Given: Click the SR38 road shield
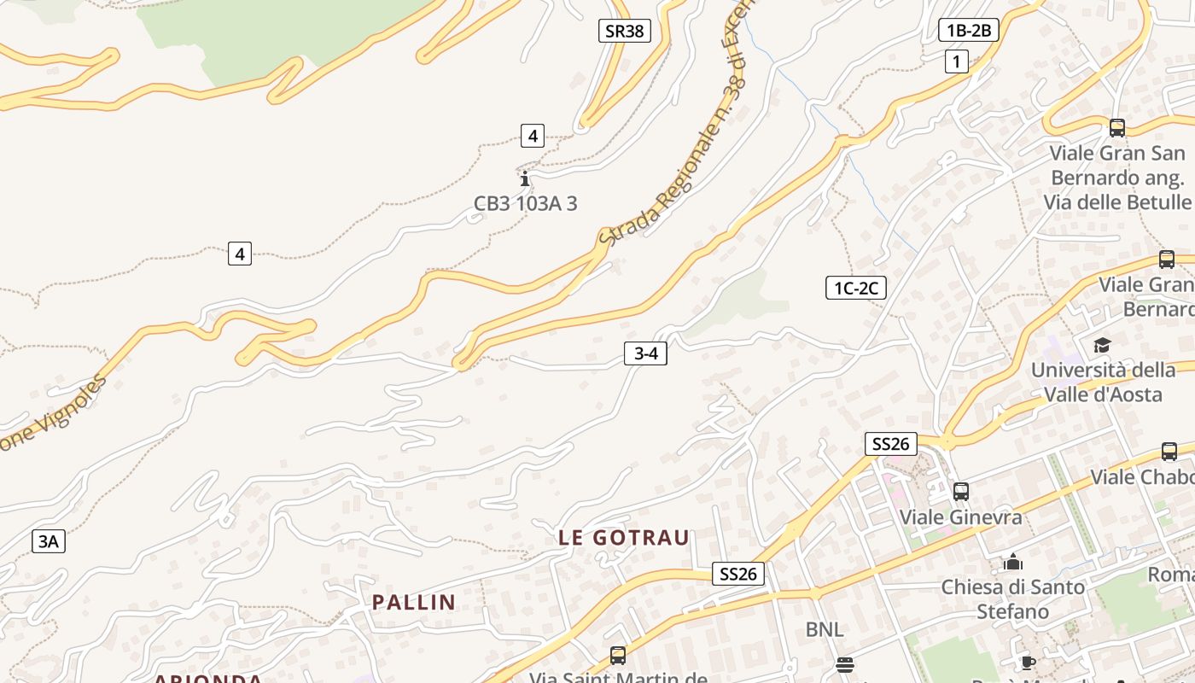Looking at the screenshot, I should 624,32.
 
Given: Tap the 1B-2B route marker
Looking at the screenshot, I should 968,31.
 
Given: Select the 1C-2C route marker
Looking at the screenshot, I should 855,289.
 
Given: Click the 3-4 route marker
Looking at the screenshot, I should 645,353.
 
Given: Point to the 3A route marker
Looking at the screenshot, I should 48,540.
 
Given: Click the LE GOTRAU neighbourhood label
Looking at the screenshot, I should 624,538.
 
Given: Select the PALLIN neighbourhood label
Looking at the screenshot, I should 414,603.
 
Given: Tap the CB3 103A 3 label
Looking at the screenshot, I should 526,204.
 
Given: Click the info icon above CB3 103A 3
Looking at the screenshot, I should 525,179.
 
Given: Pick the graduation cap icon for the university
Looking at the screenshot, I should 1103,346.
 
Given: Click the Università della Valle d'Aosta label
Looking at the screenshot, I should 1103,382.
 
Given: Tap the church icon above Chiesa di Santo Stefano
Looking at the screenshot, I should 1013,562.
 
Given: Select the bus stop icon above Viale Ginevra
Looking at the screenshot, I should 961,492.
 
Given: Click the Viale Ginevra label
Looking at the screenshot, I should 961,517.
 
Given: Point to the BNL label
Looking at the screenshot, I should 825,630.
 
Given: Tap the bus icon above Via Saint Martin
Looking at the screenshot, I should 618,656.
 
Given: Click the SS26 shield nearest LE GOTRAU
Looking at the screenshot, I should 737,574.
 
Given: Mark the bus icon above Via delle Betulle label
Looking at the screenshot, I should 1116,128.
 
